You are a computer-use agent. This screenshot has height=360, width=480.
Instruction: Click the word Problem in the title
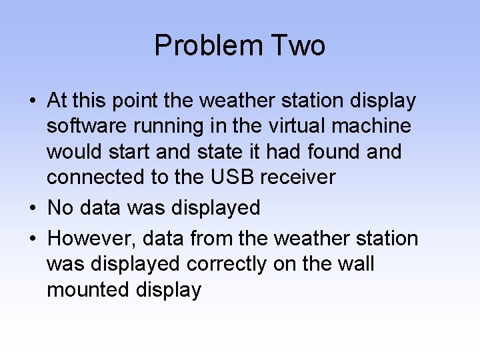(209, 46)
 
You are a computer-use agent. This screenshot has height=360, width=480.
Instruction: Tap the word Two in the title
(298, 46)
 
